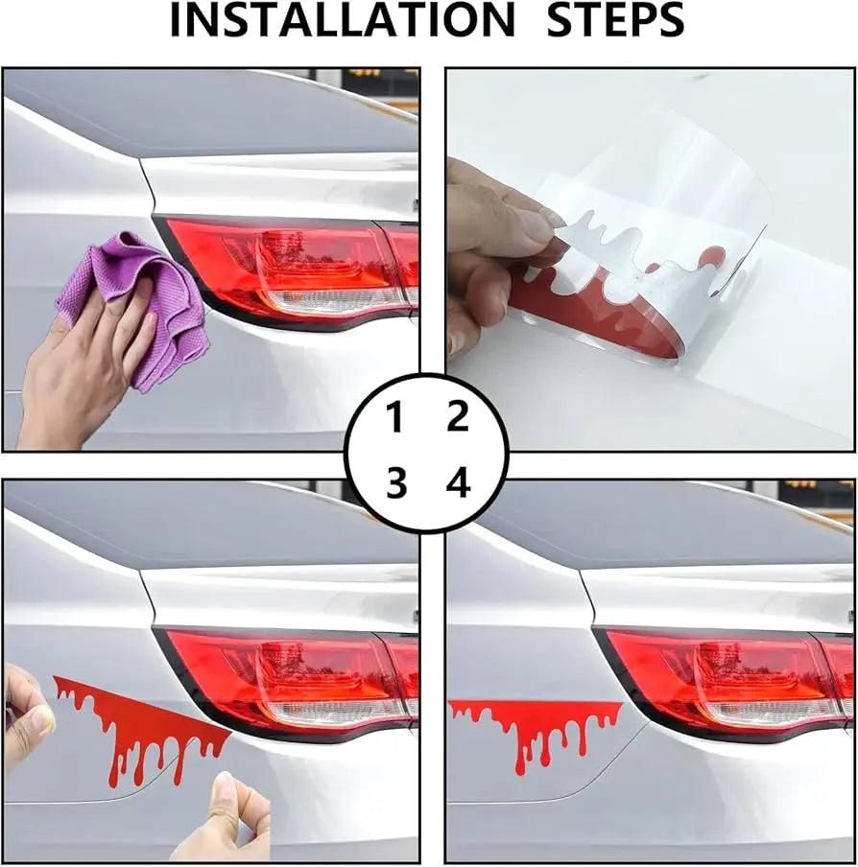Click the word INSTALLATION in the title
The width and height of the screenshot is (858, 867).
point(343,21)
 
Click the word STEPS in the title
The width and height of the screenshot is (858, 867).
point(616,21)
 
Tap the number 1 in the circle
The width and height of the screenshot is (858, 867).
point(394,418)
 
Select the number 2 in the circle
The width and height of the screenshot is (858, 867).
point(458,417)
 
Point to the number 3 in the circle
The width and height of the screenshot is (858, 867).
point(396,482)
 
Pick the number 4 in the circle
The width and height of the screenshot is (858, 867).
point(458,482)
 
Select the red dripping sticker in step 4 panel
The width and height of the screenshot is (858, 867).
point(534,724)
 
